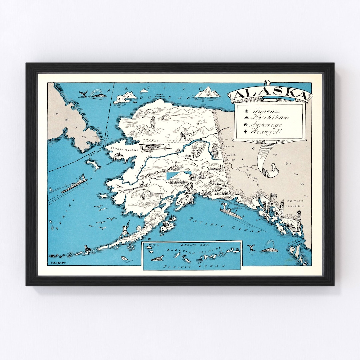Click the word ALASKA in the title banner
point(270,95)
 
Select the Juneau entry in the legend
point(265,111)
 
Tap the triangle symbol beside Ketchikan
point(246,118)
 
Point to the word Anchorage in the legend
point(267,125)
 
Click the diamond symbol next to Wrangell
point(246,132)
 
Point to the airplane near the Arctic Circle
point(155,147)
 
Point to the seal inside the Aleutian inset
point(157,258)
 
